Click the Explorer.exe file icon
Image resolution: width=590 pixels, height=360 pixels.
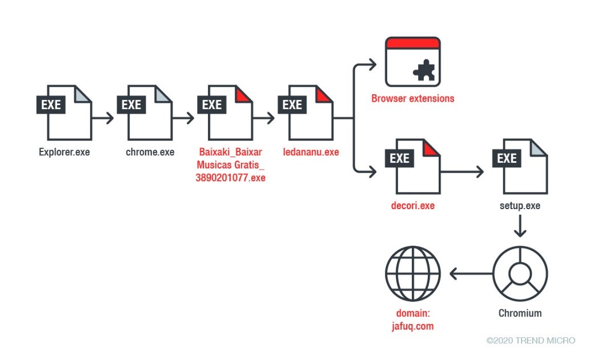[67, 113]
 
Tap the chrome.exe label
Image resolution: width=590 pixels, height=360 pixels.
[150, 153]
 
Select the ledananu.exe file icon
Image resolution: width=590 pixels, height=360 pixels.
[309, 113]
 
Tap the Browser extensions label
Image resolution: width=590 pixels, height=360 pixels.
[413, 98]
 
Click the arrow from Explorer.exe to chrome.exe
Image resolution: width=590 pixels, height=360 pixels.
[103, 119]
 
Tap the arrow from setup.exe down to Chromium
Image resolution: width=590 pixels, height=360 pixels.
[520, 227]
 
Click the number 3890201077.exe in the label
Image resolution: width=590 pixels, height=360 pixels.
[231, 178]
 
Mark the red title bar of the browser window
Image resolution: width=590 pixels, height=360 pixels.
[412, 43]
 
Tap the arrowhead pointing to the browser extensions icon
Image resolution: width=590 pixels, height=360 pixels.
[372, 65]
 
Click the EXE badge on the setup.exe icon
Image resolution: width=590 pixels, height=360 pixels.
[507, 158]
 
